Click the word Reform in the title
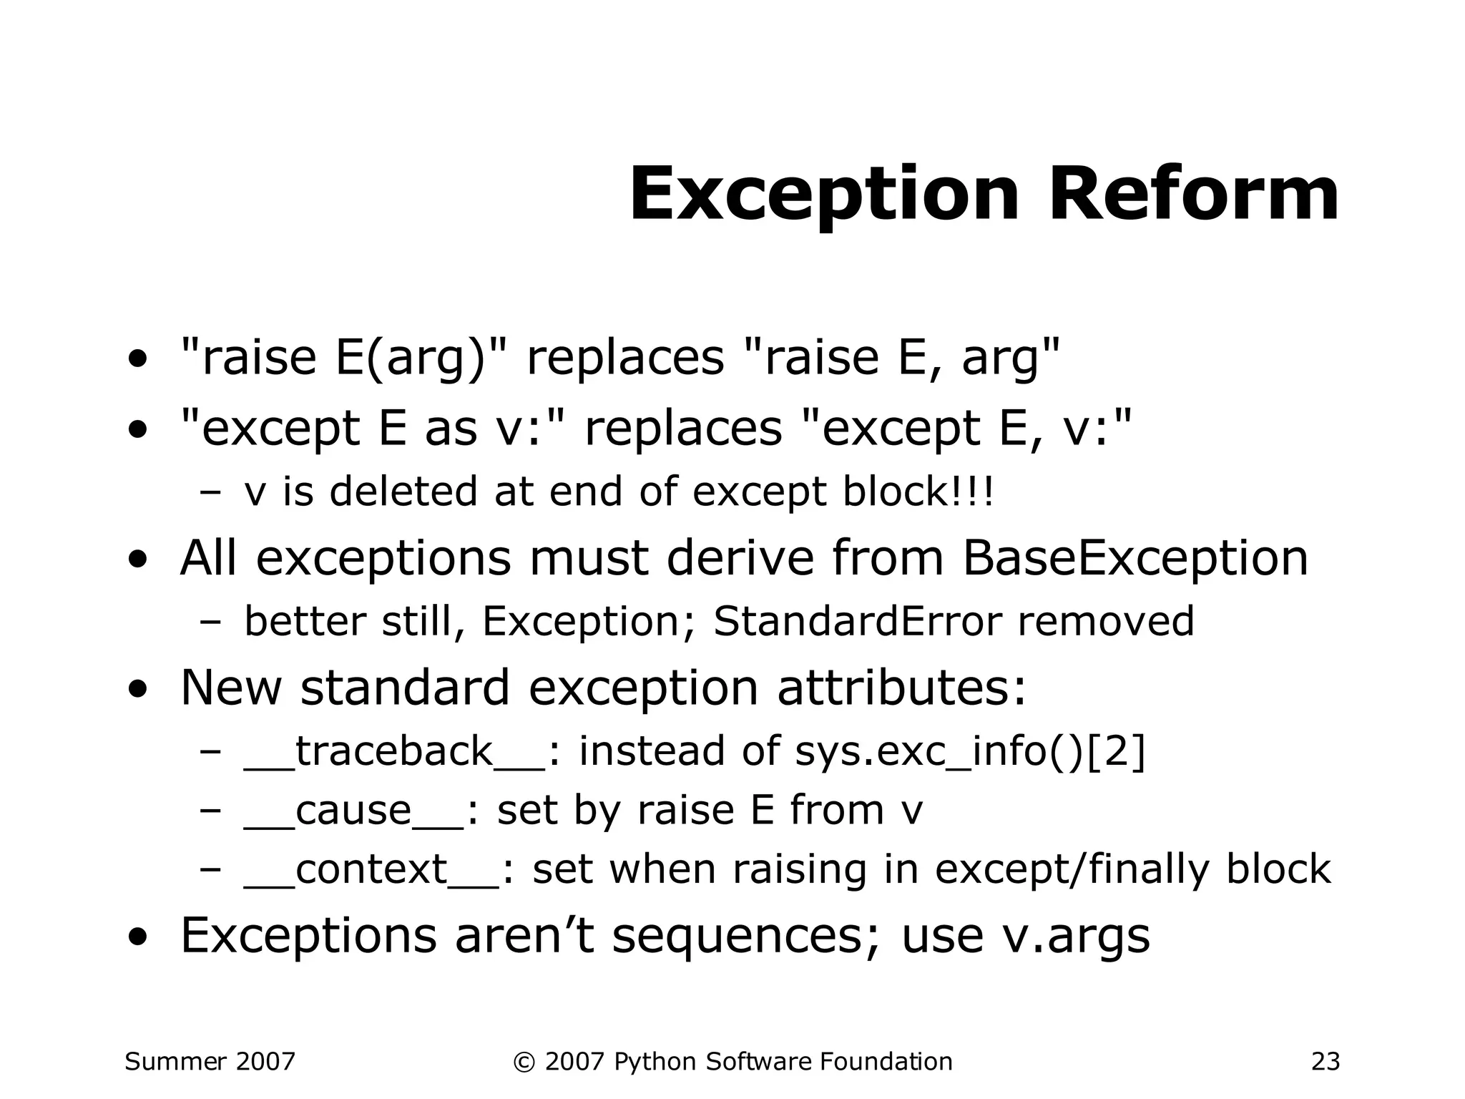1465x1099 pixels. [1193, 195]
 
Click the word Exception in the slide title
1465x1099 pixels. [823, 195]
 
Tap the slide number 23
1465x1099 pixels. [1325, 1061]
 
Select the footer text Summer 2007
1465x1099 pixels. [210, 1061]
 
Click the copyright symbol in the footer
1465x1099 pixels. [524, 1062]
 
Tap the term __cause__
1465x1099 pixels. [354, 811]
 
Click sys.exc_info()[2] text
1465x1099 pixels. [970, 751]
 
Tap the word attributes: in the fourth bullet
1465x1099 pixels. [901, 687]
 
